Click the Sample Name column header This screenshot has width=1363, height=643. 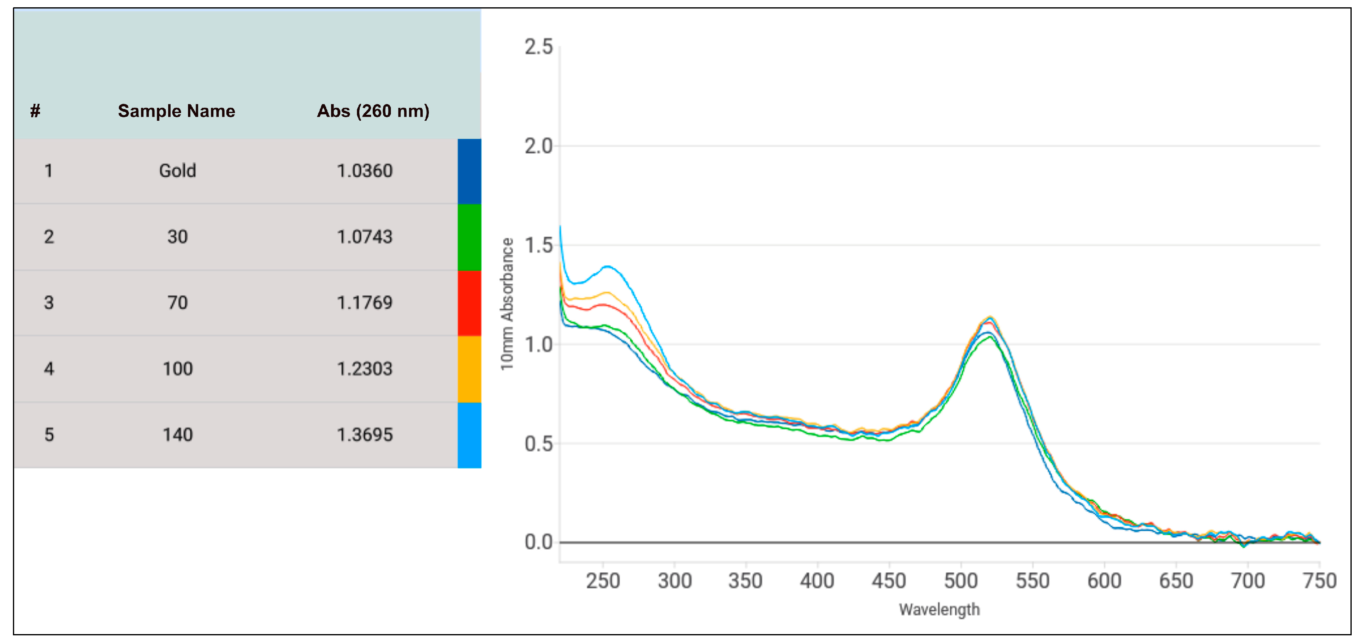coord(176,111)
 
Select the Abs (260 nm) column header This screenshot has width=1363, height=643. coord(373,111)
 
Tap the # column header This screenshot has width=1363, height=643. coord(35,111)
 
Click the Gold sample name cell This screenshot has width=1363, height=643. coord(177,171)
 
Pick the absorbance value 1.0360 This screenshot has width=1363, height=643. coord(365,171)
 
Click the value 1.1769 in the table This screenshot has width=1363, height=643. coord(365,303)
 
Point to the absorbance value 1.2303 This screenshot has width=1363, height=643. coord(365,369)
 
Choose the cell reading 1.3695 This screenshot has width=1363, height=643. coord(365,435)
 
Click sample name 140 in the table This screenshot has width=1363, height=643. coord(177,435)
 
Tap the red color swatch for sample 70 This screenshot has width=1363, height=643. coord(469,303)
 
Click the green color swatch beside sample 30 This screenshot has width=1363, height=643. coord(469,237)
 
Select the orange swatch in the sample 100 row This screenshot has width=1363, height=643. coord(469,369)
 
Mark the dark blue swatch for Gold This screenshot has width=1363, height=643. coord(469,171)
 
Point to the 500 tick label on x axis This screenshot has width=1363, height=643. coord(960,581)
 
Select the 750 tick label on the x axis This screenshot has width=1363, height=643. coord(1319,581)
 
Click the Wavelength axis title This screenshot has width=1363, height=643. coord(939,610)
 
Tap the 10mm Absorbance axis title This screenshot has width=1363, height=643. coord(507,304)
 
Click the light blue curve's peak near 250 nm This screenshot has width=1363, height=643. coord(608,267)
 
